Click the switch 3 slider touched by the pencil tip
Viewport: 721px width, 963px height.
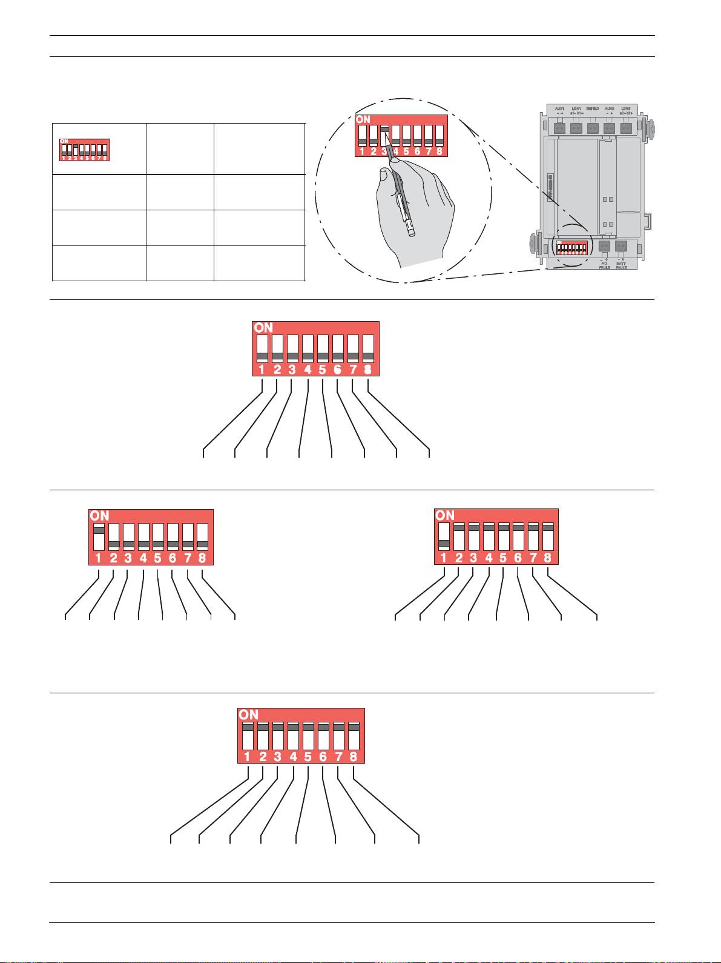(x=384, y=129)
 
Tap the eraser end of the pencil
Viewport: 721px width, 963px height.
(x=412, y=232)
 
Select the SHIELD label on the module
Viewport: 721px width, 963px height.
(x=593, y=110)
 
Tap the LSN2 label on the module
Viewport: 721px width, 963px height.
(x=627, y=110)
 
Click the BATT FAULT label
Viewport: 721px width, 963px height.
(x=621, y=265)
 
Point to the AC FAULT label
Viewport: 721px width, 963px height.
(x=604, y=265)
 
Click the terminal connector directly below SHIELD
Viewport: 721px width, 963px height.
(x=593, y=128)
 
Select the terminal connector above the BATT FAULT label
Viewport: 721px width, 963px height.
(x=621, y=247)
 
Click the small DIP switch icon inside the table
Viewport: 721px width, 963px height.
(x=84, y=149)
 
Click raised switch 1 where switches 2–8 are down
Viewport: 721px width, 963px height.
(x=99, y=531)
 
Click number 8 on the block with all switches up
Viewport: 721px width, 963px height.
(x=353, y=757)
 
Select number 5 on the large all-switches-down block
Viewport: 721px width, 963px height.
(x=322, y=369)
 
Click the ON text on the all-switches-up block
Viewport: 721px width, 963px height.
(x=248, y=715)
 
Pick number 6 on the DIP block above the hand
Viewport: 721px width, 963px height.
(x=417, y=152)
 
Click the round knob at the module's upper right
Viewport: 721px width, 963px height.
(x=651, y=128)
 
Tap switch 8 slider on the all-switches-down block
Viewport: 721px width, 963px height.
(x=367, y=356)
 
